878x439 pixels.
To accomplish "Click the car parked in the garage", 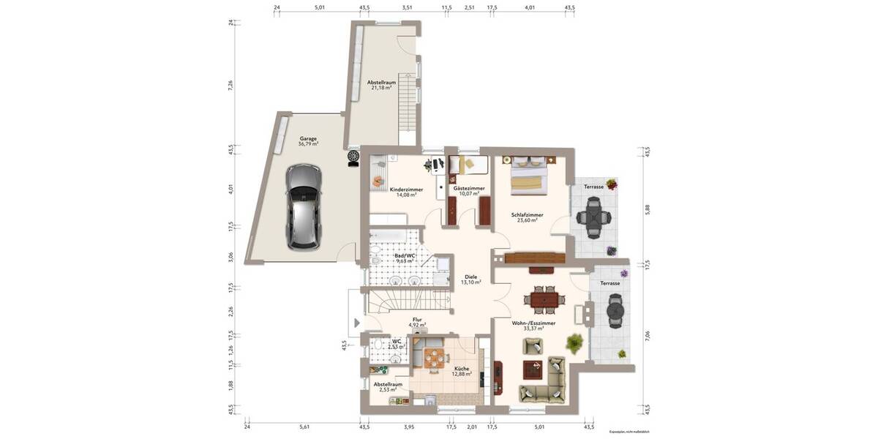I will click(302, 206).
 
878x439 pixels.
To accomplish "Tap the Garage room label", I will click(308, 138).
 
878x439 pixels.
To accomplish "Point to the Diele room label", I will click(470, 277).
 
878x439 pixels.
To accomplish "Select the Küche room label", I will click(461, 369).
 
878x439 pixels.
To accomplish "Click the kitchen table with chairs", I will click(435, 359).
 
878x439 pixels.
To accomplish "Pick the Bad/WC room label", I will click(405, 255).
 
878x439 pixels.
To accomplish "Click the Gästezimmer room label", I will click(469, 189).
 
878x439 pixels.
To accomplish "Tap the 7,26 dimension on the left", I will click(231, 84).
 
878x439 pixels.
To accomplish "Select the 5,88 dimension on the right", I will click(646, 209).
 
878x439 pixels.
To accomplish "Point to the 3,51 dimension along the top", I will click(407, 7).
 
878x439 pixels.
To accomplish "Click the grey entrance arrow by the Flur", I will click(356, 323).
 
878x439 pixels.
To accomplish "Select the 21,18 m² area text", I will click(381, 88).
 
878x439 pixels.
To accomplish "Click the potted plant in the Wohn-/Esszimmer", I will click(574, 342).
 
